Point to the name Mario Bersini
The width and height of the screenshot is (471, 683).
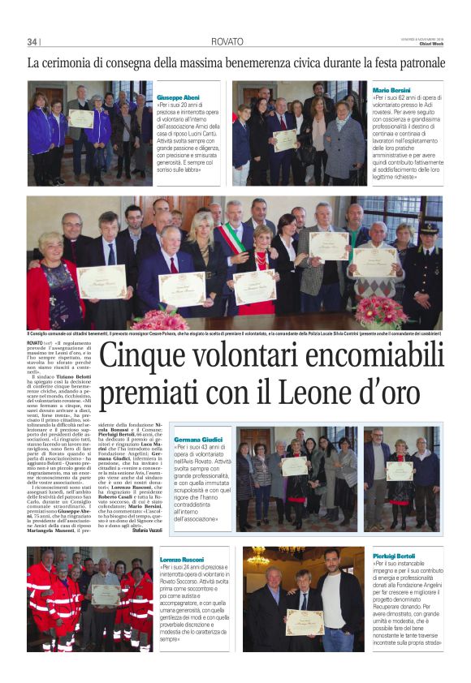(x=391, y=89)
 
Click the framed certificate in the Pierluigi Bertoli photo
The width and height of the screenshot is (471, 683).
(x=304, y=621)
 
